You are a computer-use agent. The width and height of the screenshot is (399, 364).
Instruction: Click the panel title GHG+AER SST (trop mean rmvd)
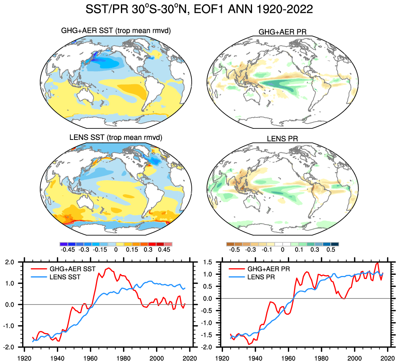click(116, 30)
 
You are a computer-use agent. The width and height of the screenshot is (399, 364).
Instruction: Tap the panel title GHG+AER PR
click(282, 32)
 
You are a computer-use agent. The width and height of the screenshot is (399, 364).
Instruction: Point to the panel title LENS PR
click(282, 140)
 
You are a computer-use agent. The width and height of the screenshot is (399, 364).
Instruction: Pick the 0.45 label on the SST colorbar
click(164, 250)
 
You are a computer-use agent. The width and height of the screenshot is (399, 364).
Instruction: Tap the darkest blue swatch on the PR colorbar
click(335, 244)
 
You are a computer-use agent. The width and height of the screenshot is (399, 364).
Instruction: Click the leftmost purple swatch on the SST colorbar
click(64, 244)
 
